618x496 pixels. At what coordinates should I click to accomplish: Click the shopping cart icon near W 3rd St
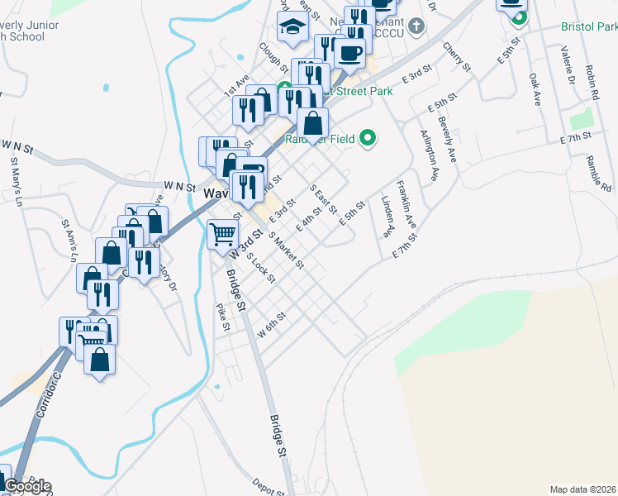pyautogui.click(x=222, y=233)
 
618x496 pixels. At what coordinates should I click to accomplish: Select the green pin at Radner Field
pyautogui.click(x=368, y=138)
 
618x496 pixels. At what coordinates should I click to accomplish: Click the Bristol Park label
pyautogui.click(x=589, y=26)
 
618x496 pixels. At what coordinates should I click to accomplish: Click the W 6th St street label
pyautogui.click(x=271, y=323)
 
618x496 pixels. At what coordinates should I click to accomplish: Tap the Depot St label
pyautogui.click(x=268, y=486)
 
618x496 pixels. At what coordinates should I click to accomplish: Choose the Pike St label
pyautogui.click(x=221, y=317)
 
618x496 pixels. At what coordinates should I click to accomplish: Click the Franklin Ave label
pyautogui.click(x=406, y=204)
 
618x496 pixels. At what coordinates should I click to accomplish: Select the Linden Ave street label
pyautogui.click(x=386, y=217)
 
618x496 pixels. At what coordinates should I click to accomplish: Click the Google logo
pyautogui.click(x=26, y=486)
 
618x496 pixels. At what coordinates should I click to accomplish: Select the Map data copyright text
pyautogui.click(x=582, y=489)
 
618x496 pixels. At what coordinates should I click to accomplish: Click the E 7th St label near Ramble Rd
pyautogui.click(x=575, y=136)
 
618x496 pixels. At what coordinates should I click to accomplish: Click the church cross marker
pyautogui.click(x=417, y=25)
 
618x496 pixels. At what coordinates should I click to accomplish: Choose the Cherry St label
pyautogui.click(x=454, y=55)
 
